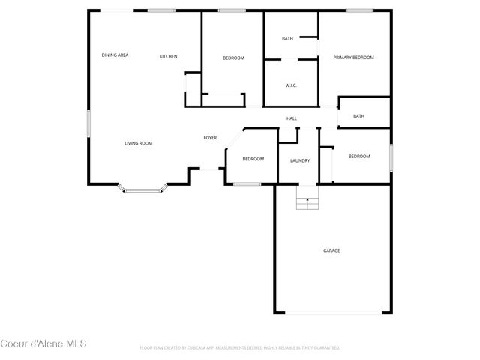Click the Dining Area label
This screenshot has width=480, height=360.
[115, 55]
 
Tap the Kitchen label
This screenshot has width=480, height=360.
[168, 56]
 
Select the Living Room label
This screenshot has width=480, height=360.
[139, 143]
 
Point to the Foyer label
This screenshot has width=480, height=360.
[210, 138]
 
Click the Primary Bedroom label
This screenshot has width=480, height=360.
[353, 58]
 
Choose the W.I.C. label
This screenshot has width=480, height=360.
[291, 85]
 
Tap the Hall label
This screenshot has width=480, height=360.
[292, 118]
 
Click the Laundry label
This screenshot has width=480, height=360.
[300, 160]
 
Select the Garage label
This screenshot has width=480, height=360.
[331, 250]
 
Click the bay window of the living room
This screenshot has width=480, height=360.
[142, 190]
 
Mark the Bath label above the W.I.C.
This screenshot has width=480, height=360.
[287, 39]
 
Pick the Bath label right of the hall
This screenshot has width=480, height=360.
[358, 116]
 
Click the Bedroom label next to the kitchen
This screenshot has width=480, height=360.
[233, 58]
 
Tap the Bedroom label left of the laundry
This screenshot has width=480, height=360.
[253, 159]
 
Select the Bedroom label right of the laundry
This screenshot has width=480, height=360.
[359, 156]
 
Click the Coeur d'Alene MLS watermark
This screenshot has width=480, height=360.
[43, 344]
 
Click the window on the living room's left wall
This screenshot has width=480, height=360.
[88, 123]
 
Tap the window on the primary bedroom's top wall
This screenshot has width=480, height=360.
[359, 10]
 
